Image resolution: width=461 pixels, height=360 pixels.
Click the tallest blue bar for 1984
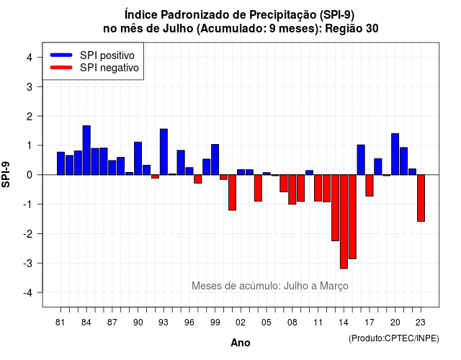[86, 150]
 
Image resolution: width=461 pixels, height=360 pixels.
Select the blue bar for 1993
[164, 152]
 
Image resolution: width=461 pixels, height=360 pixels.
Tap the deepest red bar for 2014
[344, 222]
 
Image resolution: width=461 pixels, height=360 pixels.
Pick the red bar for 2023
[421, 198]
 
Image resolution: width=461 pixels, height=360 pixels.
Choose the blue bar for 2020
[395, 154]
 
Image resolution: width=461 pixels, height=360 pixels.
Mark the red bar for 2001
[232, 192]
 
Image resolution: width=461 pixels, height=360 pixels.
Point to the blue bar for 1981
[61, 163]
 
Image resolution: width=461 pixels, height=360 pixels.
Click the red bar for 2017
[370, 186]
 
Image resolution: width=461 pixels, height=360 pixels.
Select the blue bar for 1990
[138, 158]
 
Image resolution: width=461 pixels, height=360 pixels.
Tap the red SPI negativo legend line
[61, 68]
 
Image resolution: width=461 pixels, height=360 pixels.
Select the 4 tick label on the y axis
[30, 58]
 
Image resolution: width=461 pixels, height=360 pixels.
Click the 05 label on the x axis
[267, 323]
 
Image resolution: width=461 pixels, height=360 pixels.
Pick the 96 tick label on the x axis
[189, 323]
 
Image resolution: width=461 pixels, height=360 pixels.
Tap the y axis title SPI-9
[6, 174]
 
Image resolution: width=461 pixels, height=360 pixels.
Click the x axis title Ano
[241, 343]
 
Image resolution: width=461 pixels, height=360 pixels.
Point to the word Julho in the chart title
[179, 29]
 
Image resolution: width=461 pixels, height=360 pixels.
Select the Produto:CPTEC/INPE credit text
[394, 338]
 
